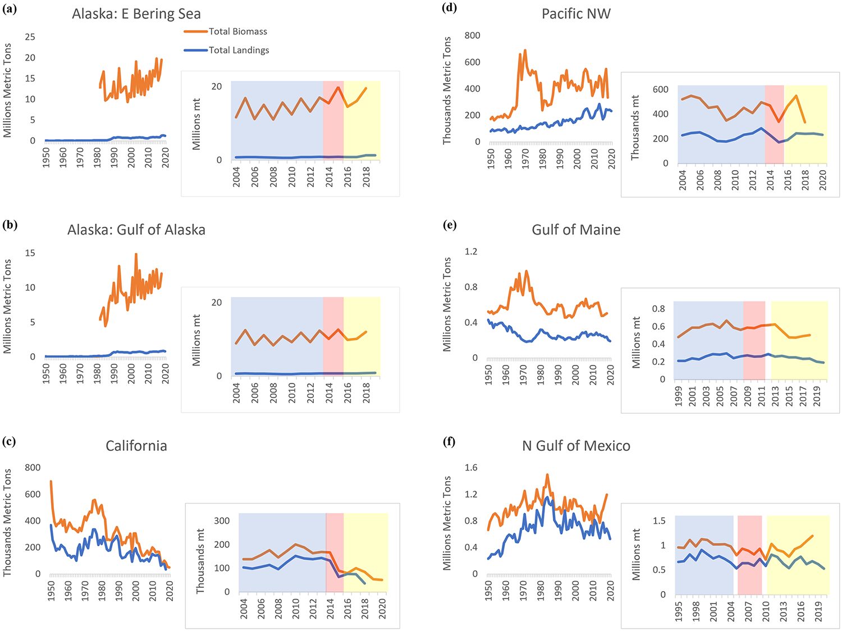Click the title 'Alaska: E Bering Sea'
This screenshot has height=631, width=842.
pos(136,14)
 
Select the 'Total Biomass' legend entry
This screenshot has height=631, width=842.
pos(237,31)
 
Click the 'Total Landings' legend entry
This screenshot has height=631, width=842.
pos(239,50)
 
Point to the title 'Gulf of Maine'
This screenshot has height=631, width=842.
pos(576,230)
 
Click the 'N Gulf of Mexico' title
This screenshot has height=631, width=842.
pos(576,446)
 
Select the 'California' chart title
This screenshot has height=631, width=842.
pos(136,446)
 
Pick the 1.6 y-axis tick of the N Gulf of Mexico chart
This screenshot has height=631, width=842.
pos(471,468)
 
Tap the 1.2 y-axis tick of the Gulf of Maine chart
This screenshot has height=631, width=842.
pos(471,252)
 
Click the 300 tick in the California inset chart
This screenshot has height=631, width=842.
pos(222,521)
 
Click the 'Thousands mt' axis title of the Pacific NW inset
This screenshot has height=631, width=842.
pos(635,127)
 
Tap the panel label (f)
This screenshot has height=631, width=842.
pos(449,441)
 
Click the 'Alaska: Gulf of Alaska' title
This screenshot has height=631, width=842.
pos(136,230)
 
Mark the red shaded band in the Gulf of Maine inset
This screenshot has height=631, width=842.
pos(754,340)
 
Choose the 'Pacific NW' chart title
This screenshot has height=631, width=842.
pos(576,14)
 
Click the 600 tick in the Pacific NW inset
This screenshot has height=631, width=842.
pos(661,90)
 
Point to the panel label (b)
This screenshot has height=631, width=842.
pos(10,225)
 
